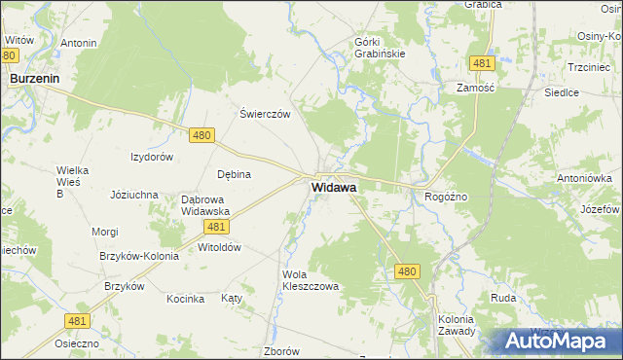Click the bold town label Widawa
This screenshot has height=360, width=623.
(333, 186)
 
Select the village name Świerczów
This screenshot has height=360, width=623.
(266, 113)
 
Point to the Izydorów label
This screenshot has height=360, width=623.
(152, 156)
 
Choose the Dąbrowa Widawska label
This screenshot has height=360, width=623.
(204, 204)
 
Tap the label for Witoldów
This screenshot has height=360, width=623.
(219, 247)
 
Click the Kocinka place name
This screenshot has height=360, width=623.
(185, 299)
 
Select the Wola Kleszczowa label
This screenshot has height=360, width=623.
(310, 280)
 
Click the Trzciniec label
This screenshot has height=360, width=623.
(588, 67)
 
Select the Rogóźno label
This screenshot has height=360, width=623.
(447, 197)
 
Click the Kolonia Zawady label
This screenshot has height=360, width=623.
(456, 324)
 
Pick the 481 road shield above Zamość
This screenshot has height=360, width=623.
(480, 63)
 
